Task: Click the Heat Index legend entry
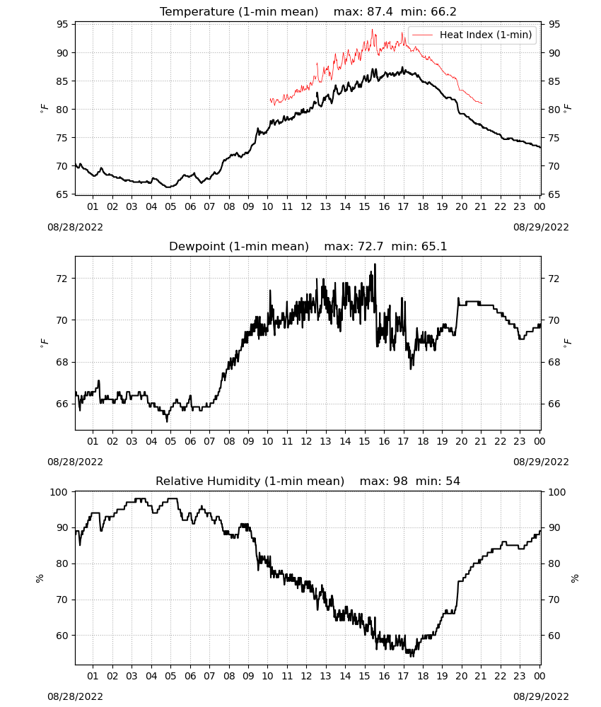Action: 472,35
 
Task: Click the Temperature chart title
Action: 239,11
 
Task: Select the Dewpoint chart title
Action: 239,246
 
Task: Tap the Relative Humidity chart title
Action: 250,481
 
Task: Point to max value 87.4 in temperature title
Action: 380,11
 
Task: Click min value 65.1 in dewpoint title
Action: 434,246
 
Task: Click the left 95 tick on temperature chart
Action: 62,24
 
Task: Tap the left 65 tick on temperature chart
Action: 62,194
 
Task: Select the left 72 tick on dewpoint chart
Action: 62,279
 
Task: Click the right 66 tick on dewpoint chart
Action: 554,404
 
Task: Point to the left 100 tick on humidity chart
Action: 59,492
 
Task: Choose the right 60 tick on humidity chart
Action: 554,636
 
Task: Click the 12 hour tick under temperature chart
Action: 307,206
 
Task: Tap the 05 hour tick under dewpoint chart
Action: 170,441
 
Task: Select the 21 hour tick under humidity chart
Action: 481,676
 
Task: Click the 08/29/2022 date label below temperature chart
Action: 541,227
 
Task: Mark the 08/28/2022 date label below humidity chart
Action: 75,696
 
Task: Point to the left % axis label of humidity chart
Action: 40,578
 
